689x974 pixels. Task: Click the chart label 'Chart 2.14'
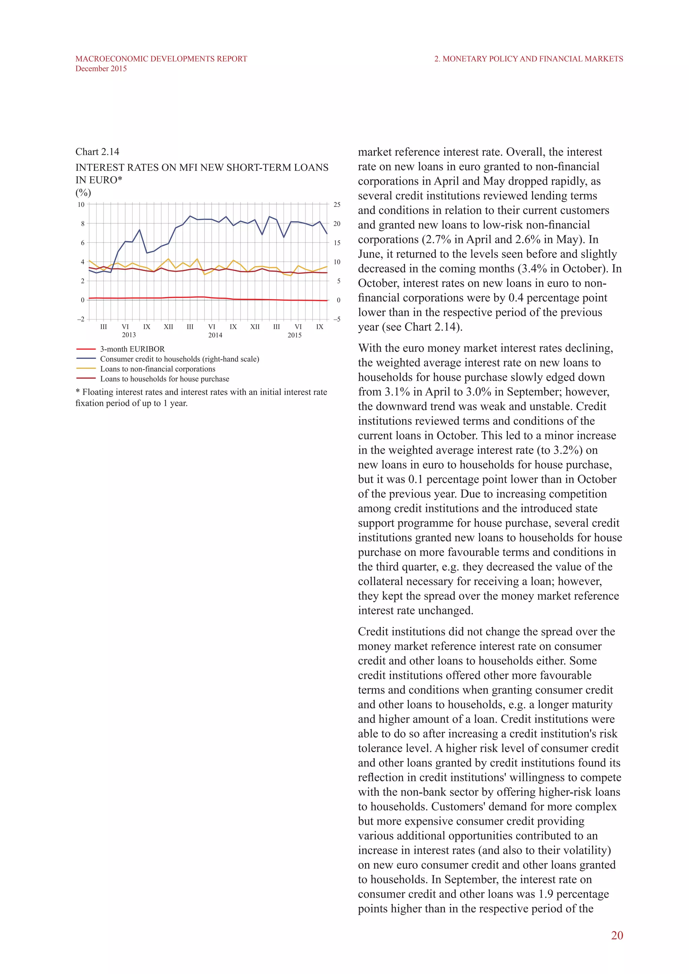tap(97, 152)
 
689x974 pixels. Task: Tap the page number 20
tap(617, 935)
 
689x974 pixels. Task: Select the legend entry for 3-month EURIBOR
tap(132, 349)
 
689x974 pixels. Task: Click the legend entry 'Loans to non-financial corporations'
tap(157, 369)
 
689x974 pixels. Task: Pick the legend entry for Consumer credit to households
tap(179, 359)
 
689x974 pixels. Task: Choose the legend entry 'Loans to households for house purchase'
tap(164, 379)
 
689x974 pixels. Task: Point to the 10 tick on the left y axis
tap(81, 204)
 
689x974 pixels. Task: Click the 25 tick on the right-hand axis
tap(337, 204)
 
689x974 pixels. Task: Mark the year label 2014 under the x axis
tap(215, 335)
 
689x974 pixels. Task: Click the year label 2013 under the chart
tap(129, 335)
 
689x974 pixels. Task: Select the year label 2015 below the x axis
tap(294, 335)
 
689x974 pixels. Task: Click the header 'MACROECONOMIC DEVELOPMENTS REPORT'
tap(161, 59)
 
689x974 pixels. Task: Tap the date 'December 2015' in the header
tap(101, 69)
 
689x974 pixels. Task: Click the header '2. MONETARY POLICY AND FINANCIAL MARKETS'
tap(529, 59)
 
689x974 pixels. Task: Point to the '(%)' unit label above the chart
tap(83, 193)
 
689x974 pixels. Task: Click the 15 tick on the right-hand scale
tap(337, 242)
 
